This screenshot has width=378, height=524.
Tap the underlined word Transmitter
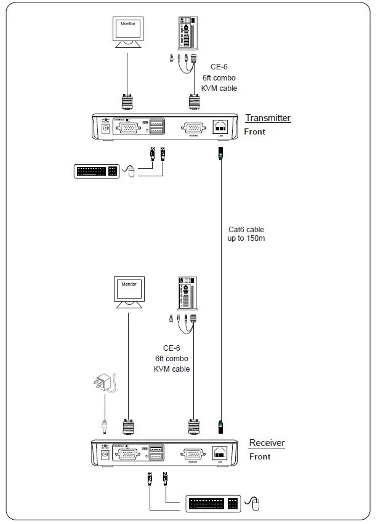click(x=268, y=118)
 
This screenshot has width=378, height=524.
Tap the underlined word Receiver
click(x=267, y=443)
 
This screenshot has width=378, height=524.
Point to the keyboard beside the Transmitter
click(x=97, y=171)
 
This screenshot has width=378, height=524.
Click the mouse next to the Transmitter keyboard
click(x=129, y=172)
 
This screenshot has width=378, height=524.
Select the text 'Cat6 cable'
click(x=246, y=230)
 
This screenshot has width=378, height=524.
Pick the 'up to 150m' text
click(x=246, y=238)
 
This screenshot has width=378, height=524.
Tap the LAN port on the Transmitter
click(x=220, y=127)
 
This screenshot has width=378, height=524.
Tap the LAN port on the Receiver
click(x=220, y=453)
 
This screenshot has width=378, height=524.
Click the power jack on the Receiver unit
click(x=105, y=454)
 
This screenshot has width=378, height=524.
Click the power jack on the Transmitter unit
click(x=105, y=128)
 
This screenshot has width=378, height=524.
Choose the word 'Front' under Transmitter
click(x=255, y=131)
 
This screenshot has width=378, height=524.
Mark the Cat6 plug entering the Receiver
click(x=220, y=424)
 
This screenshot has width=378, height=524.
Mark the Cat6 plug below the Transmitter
click(x=220, y=154)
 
